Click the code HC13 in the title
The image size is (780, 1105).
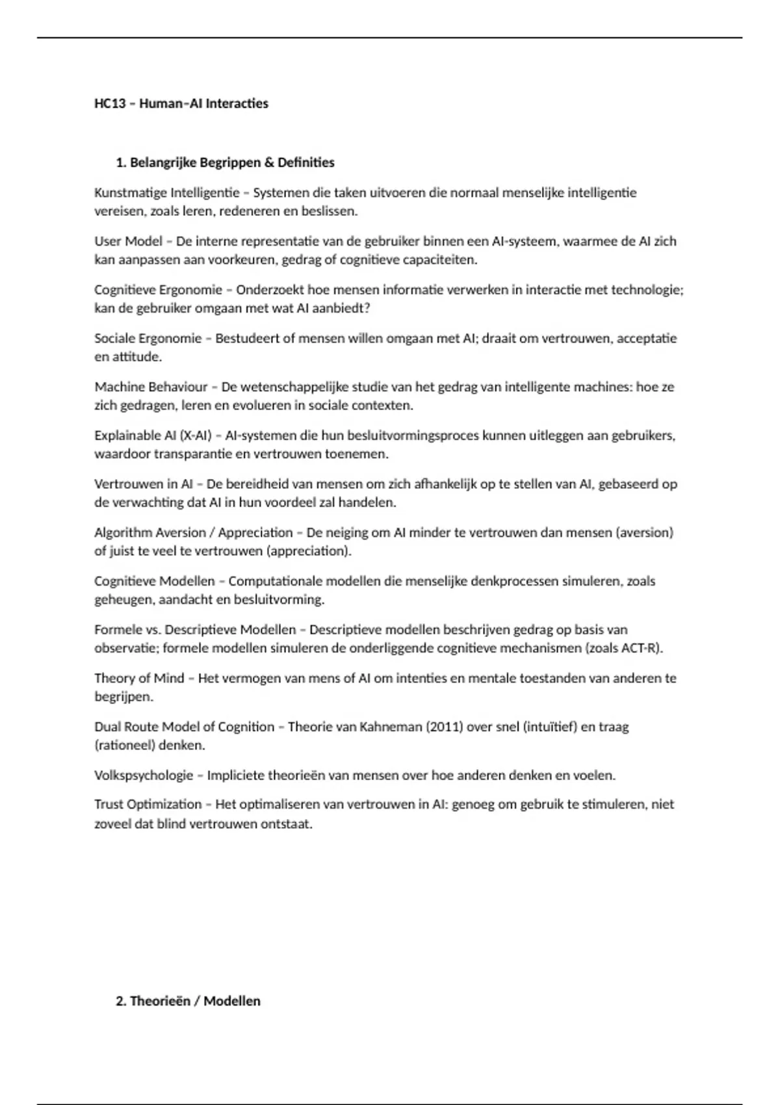tap(109, 103)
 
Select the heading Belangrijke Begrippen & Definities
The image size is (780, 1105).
tap(232, 162)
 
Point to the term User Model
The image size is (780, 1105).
tap(128, 241)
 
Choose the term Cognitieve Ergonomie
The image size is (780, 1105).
tap(158, 290)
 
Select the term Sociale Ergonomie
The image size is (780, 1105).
tap(148, 338)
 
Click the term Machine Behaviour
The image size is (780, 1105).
tap(151, 387)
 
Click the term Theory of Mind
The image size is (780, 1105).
tap(139, 678)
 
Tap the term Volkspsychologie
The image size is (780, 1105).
tap(144, 775)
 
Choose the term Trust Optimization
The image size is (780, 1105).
tap(148, 805)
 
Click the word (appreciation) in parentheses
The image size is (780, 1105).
tap(309, 551)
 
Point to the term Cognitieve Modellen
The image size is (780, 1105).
tap(155, 581)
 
